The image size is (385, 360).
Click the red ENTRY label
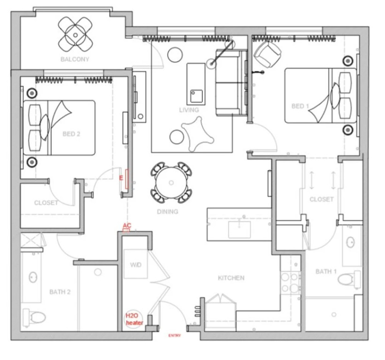(x=174, y=336)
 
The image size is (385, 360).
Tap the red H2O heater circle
(x=133, y=319)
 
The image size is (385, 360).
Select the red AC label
(x=127, y=225)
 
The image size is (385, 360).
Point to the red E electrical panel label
(x=121, y=178)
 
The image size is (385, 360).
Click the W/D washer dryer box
(x=136, y=264)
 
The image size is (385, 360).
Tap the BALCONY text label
(x=75, y=59)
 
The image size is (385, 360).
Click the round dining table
(x=171, y=182)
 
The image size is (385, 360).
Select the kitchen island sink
(x=240, y=229)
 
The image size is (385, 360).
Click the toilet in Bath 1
(x=349, y=279)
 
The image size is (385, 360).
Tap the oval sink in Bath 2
(x=33, y=277)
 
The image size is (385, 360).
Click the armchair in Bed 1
(x=267, y=54)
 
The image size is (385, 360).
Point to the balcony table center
(x=75, y=35)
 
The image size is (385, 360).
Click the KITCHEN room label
(x=231, y=278)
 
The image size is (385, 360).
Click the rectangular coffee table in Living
(x=196, y=84)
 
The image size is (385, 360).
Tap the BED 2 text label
(x=71, y=134)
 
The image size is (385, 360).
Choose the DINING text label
(x=167, y=211)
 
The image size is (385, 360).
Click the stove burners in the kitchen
(x=291, y=282)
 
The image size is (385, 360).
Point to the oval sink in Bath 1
(x=350, y=242)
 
